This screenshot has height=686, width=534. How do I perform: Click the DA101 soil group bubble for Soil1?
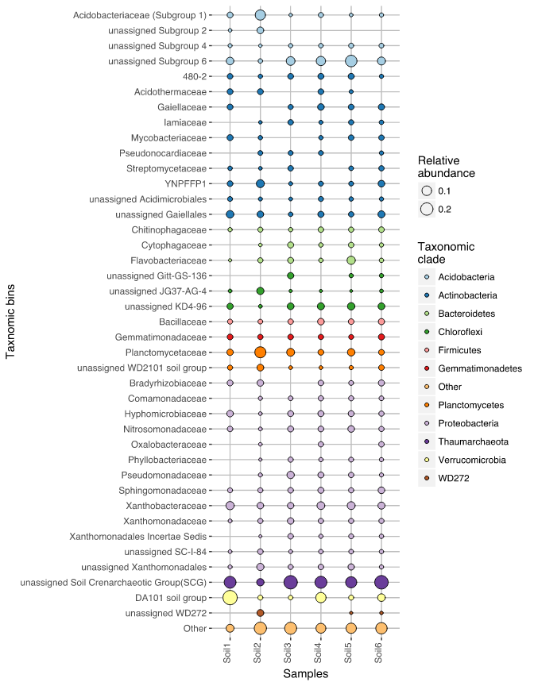[x=230, y=598]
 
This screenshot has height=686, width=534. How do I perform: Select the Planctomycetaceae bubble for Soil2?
[x=260, y=353]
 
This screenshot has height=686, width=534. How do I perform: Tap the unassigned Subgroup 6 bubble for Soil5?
[x=350, y=61]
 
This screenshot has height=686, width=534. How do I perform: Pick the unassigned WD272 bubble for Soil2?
[x=260, y=613]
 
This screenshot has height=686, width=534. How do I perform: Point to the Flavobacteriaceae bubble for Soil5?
[x=350, y=260]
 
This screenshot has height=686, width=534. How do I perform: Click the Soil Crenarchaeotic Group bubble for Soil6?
[x=381, y=582]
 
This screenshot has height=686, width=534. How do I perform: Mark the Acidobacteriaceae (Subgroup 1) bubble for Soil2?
[x=260, y=15]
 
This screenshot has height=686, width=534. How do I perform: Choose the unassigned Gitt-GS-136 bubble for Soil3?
[x=290, y=276]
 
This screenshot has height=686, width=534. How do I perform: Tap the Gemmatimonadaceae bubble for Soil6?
[x=381, y=337]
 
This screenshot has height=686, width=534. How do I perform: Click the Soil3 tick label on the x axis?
[x=288, y=653]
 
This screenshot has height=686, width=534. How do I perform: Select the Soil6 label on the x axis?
[x=378, y=653]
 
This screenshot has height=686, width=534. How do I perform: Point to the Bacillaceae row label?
[x=183, y=322]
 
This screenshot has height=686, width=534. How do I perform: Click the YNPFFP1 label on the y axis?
[x=185, y=183]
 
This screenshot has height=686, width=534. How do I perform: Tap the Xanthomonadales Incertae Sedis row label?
[x=138, y=537]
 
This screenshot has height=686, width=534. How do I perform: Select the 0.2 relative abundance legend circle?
[x=427, y=209]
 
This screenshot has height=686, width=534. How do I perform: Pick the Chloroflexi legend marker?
[x=427, y=332]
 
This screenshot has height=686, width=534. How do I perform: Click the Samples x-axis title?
[x=305, y=674]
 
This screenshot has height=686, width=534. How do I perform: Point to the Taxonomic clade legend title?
[x=446, y=252]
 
